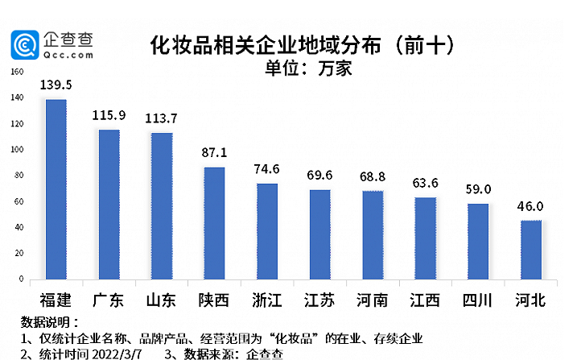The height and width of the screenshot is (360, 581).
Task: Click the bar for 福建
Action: click(56, 189)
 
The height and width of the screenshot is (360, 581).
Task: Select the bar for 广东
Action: click(109, 205)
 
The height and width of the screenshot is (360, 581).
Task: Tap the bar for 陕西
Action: click(214, 223)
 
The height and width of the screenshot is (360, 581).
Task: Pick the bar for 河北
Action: click(530, 250)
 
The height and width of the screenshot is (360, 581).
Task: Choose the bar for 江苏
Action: click(319, 234)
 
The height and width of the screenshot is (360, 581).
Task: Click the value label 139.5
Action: click(56, 85)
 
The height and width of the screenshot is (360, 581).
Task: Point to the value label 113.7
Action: click(162, 118)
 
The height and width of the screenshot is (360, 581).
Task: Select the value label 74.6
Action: click(267, 168)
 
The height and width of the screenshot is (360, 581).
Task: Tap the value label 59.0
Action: click(478, 188)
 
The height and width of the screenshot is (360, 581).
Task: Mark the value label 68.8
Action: click(373, 176)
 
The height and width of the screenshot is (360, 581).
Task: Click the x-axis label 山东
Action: click(161, 300)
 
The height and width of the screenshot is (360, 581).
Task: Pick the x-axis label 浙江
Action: click(267, 300)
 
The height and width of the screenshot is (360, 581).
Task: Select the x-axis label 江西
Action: click(425, 300)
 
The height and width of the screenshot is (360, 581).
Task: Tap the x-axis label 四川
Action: click(478, 300)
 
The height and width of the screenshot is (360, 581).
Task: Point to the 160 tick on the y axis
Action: click(17, 72)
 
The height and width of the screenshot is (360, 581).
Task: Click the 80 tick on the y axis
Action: click(19, 176)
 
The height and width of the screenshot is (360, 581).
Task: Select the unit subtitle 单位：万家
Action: click(308, 68)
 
